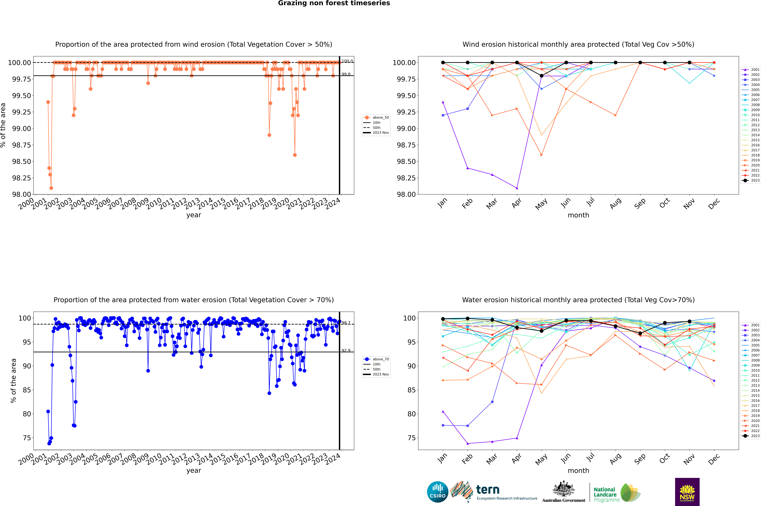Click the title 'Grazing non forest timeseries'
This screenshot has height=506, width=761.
click(334, 3)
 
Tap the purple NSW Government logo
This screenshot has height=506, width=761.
click(687, 492)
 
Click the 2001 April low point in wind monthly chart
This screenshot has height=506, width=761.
click(517, 188)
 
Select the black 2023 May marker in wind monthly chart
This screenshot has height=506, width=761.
click(542, 76)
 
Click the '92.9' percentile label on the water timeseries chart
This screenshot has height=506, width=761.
click(346, 350)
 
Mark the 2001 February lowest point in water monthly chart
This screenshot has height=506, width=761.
click(467, 443)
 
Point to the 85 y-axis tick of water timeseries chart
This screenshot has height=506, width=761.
click(27, 390)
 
